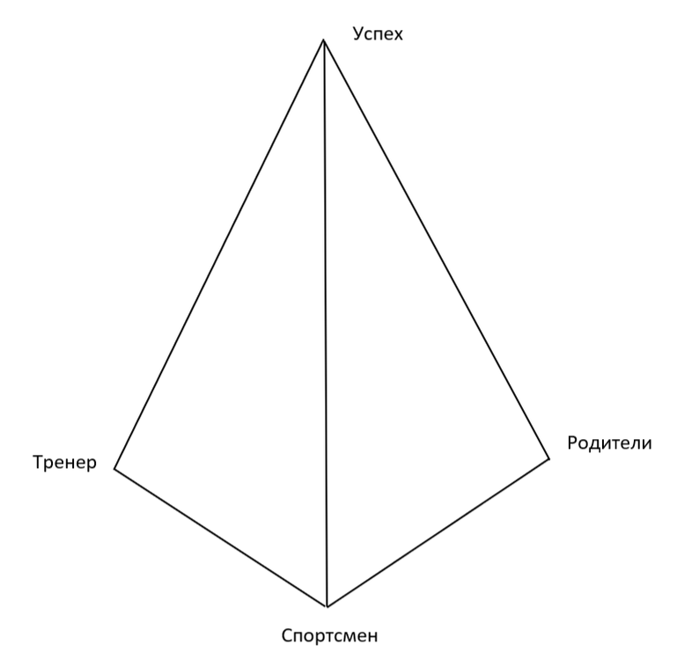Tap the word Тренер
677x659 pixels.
click(x=63, y=463)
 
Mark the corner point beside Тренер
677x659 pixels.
click(x=114, y=469)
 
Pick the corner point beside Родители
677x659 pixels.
click(x=549, y=458)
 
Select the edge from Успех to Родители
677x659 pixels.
click(x=437, y=248)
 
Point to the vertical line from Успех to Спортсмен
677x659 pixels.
click(x=326, y=326)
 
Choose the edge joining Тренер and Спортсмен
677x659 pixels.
click(x=221, y=538)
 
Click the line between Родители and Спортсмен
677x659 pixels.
click(x=438, y=532)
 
